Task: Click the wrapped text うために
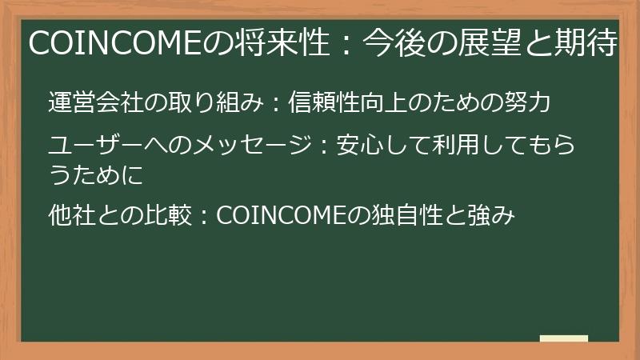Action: pyautogui.click(x=95, y=175)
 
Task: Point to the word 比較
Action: pyautogui.click(x=173, y=215)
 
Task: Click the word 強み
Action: pyautogui.click(x=487, y=215)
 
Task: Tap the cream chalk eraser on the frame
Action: pyautogui.click(x=563, y=338)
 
